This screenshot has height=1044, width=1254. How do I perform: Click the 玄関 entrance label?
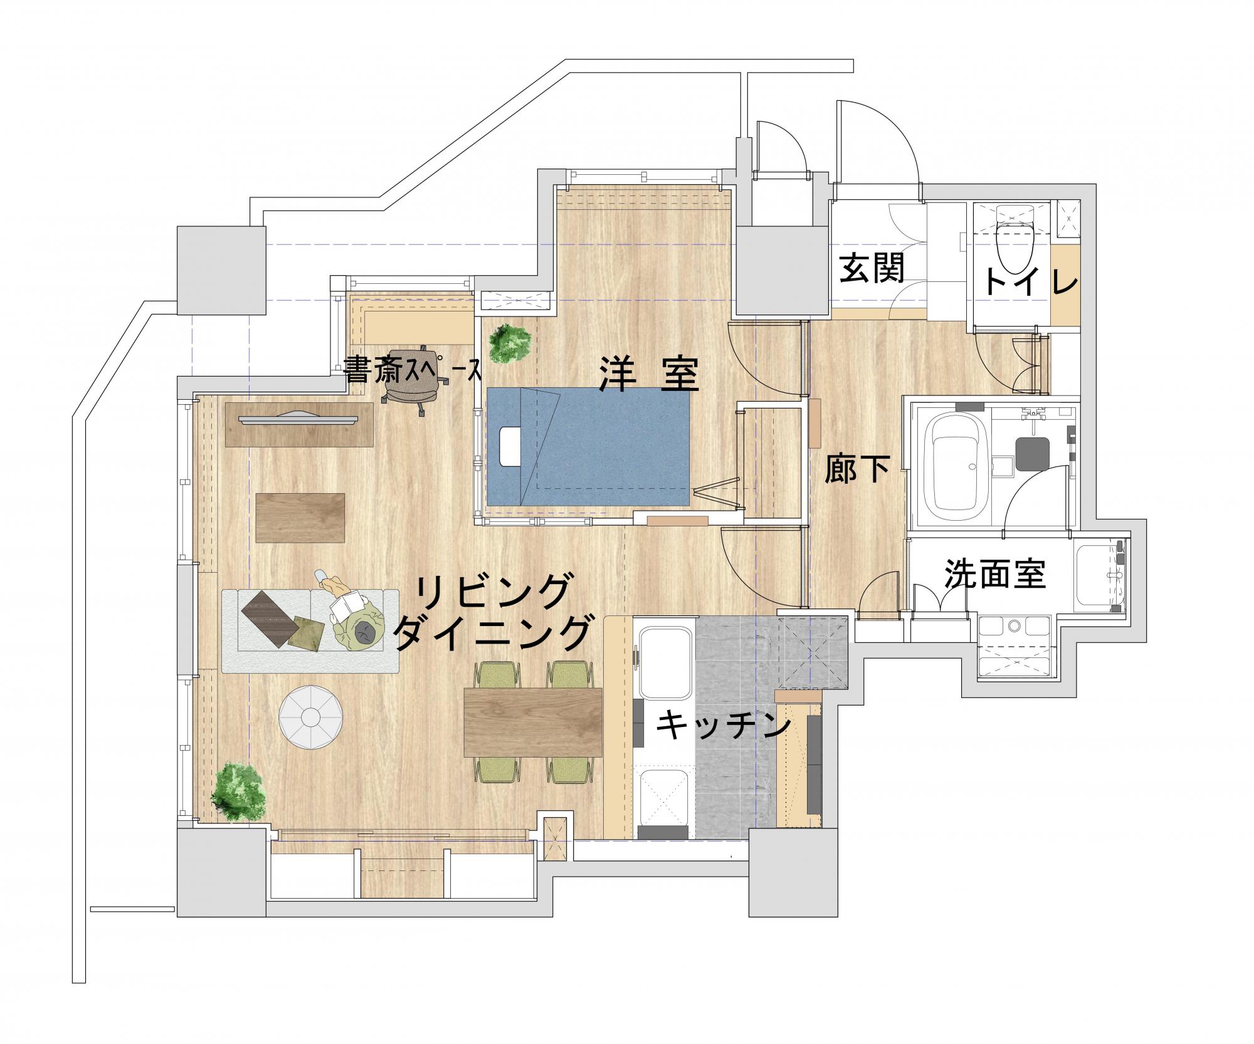(x=872, y=268)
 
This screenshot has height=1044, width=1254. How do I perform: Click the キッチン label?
(x=722, y=726)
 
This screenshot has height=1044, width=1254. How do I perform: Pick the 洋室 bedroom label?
(x=648, y=373)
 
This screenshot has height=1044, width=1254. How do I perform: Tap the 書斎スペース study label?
(x=412, y=370)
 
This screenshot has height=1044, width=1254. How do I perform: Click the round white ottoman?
(x=312, y=716)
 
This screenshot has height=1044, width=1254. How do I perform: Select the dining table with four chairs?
(x=533, y=722)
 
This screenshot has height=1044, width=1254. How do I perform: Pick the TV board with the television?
(x=298, y=424)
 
